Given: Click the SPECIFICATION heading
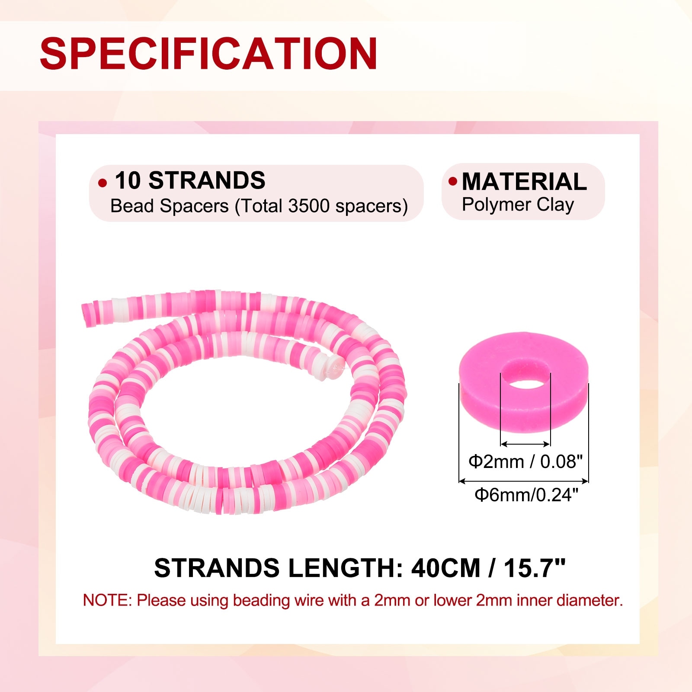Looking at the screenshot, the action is click(209, 53).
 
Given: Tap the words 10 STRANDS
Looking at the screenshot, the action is click(190, 180).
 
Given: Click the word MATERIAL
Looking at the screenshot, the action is click(524, 181).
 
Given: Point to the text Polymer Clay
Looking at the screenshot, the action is click(518, 205).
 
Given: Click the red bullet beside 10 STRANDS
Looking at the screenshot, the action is click(103, 183).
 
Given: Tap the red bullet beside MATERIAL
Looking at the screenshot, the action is click(453, 181).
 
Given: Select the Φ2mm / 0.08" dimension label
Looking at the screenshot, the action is click(525, 461).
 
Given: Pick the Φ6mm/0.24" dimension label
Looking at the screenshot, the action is click(526, 494).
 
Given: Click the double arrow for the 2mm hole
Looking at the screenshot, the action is click(525, 444).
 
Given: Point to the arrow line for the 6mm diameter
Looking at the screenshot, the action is click(523, 481).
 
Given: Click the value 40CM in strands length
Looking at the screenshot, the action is click(445, 568).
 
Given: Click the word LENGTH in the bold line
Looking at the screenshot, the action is click(345, 568).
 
